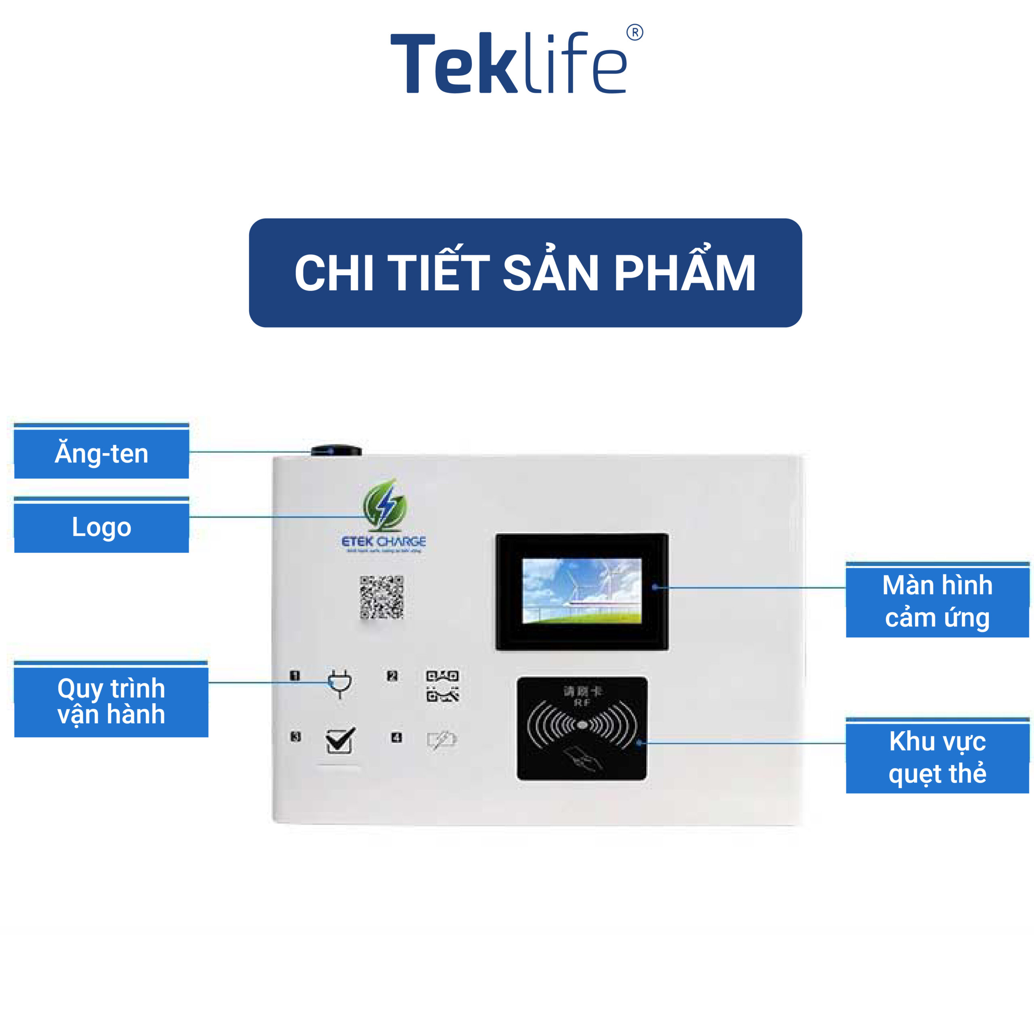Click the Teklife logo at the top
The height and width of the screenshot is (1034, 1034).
coord(509,63)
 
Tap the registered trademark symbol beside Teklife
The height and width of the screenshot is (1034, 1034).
coord(635,33)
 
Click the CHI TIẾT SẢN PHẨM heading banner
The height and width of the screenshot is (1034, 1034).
coord(525,273)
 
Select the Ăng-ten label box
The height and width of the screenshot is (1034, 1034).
coord(102,453)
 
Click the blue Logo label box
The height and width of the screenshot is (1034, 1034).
coord(102,527)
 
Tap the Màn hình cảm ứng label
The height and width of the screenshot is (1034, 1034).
coord(937,601)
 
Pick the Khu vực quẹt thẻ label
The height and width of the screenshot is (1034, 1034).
coord(937,757)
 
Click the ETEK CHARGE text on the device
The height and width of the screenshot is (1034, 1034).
coord(384,542)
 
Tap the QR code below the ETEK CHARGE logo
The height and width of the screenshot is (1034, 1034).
coord(382,597)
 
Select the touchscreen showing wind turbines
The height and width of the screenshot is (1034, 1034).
coord(582,591)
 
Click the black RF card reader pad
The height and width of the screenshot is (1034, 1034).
coord(582,728)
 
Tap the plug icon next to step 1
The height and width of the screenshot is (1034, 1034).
coord(340,683)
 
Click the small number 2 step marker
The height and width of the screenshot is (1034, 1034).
coord(392,675)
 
